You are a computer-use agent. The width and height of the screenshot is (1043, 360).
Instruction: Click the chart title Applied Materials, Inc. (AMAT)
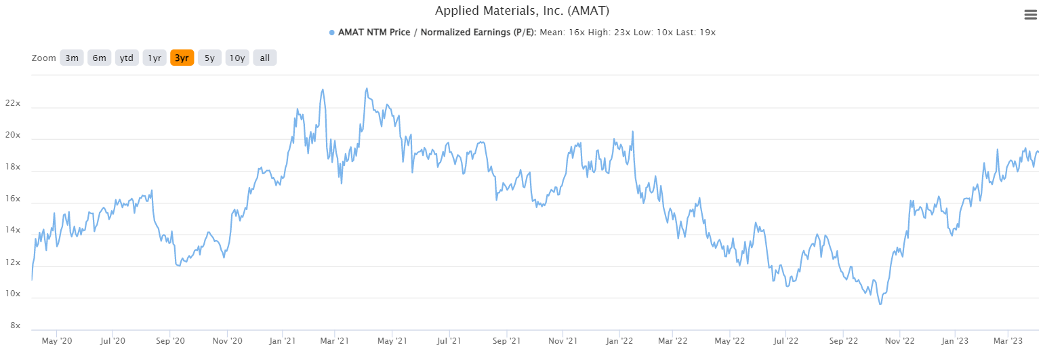tap(521, 12)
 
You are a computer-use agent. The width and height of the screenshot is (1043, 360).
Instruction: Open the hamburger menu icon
tap(1029, 16)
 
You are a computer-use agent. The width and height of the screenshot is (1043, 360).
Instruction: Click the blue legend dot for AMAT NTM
tap(331, 33)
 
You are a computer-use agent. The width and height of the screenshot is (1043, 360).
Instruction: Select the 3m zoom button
tap(72, 58)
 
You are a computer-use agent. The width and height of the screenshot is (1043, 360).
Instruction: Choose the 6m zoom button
tap(99, 58)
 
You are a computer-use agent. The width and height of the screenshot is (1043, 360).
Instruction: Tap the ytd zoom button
tap(126, 58)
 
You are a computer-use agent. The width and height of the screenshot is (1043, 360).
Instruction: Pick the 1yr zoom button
tap(154, 58)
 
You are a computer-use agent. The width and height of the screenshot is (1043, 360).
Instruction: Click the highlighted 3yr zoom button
tap(182, 58)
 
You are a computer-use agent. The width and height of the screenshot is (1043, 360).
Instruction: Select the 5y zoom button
tap(209, 58)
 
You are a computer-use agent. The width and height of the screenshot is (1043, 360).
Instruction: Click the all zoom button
tap(264, 58)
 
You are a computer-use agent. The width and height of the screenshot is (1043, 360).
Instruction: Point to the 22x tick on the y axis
tap(12, 104)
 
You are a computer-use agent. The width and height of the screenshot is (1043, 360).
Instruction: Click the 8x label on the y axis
tap(14, 326)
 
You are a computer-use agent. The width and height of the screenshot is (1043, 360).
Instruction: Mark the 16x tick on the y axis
tap(12, 199)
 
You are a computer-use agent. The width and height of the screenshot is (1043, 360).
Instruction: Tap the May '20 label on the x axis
tap(57, 341)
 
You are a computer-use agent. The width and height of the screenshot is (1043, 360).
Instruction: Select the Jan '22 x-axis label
tap(619, 341)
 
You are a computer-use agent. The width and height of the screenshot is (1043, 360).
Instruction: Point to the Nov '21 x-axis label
tap(563, 341)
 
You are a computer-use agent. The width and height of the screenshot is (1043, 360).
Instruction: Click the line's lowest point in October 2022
tap(880, 304)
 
